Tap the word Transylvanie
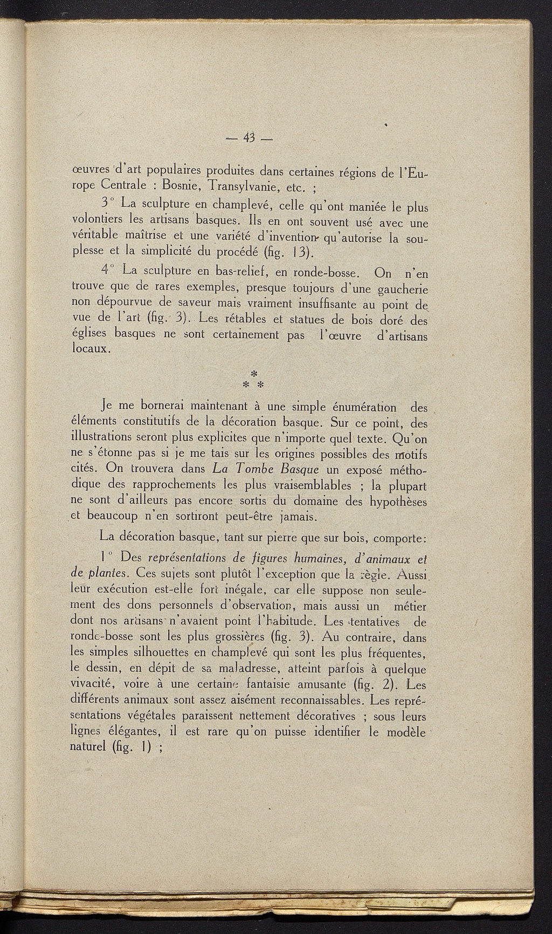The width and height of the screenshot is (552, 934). pos(251,188)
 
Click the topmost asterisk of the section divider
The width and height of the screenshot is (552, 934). pos(254,373)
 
